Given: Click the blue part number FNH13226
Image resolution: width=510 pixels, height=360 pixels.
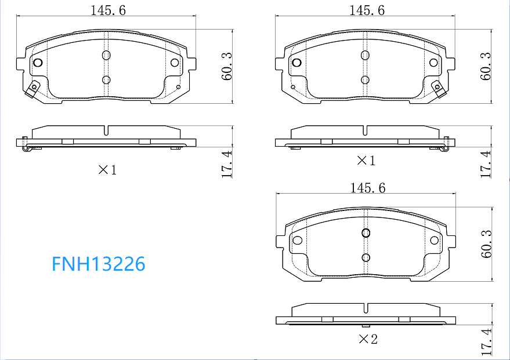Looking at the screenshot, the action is point(99,264).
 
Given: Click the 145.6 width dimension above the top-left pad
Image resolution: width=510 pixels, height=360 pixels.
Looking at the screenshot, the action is point(108,10).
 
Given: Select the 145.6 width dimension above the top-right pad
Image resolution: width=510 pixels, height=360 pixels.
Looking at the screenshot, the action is point(367,10).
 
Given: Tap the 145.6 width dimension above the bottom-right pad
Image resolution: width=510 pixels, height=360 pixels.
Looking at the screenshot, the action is point(367,188).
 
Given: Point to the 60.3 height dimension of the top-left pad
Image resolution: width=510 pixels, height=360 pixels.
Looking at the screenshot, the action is point(227,66).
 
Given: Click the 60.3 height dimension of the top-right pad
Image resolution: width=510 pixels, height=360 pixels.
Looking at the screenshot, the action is point(486,66).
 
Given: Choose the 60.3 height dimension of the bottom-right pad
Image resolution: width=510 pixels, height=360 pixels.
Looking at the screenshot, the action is point(487,244).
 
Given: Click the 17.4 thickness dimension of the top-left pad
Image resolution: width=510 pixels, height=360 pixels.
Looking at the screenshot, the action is point(227,163).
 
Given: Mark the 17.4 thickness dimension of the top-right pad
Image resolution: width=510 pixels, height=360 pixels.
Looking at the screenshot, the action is point(486,163).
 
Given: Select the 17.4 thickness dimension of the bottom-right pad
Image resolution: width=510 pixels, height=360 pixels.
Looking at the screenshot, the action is point(487,341).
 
